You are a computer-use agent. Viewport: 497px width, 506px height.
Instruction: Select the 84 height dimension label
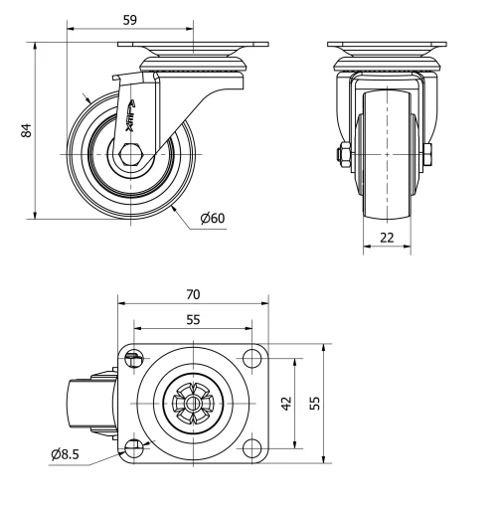point(28,129)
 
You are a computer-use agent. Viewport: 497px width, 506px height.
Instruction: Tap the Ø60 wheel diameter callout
point(211,219)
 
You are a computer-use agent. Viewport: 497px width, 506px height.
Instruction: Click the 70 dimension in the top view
point(194,294)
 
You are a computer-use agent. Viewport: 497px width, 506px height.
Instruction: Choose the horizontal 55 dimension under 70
point(194,320)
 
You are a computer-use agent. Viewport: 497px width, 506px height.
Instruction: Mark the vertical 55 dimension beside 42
point(316,403)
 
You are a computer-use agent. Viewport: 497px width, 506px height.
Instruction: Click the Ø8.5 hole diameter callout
point(68,456)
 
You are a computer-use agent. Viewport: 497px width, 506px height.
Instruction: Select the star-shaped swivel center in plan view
point(193,404)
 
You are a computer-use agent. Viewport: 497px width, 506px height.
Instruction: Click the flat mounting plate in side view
point(194,46)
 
